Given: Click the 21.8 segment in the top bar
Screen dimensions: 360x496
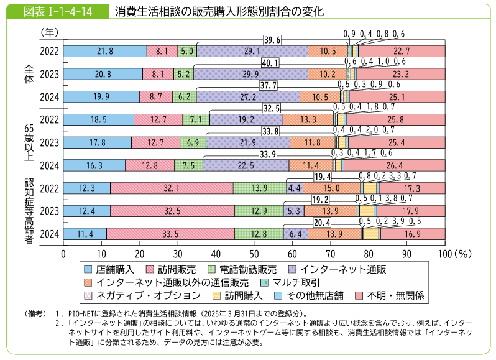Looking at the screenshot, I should tap(105, 51).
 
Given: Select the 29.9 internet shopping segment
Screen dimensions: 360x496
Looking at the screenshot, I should tap(250, 74).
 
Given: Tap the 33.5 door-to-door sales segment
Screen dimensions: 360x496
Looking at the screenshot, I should tap(173, 233).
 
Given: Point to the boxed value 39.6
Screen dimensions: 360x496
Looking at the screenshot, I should tap(272, 40).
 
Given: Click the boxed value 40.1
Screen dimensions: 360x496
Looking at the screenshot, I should tap(272, 63).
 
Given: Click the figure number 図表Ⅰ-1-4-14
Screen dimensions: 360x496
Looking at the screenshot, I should tap(53, 11).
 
